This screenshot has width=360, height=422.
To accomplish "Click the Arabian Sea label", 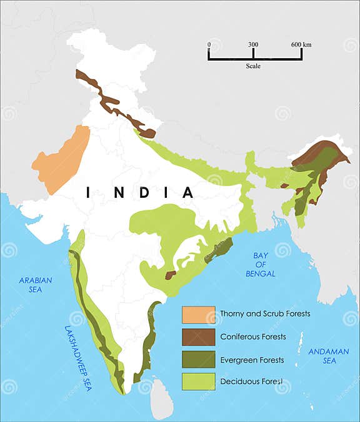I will pyautogui.click(x=36, y=285).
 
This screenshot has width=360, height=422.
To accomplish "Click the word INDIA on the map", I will pyautogui.click(x=140, y=192).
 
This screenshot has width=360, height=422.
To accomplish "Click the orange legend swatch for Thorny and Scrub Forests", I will pyautogui.click(x=198, y=314).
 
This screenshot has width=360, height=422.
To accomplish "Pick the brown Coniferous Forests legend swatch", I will pyautogui.click(x=198, y=337).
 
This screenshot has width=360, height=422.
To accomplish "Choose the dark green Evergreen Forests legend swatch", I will pyautogui.click(x=198, y=360).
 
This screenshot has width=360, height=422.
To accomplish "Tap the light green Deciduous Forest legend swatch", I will pyautogui.click(x=198, y=381).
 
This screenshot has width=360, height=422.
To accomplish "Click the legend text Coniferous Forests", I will pyautogui.click(x=253, y=337).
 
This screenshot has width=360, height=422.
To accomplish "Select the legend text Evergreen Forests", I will pyautogui.click(x=252, y=360).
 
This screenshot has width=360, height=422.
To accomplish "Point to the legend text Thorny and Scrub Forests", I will pyautogui.click(x=265, y=314).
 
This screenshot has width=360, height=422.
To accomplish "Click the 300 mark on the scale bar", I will pyautogui.click(x=253, y=45).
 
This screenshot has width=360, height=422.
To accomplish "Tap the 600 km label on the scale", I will pyautogui.click(x=301, y=45).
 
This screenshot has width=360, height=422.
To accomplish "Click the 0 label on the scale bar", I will pyautogui.click(x=209, y=45).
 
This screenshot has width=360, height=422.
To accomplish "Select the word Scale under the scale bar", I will pyautogui.click(x=253, y=66).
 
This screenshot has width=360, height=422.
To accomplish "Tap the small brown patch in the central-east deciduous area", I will pyautogui.click(x=170, y=275).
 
